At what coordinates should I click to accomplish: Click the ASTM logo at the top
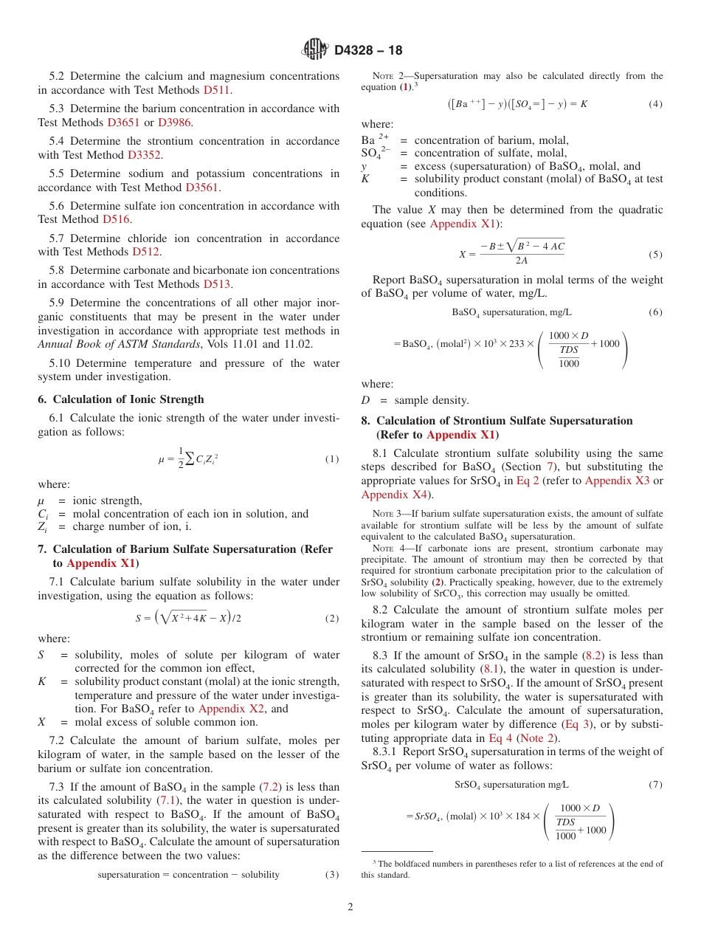point(315,50)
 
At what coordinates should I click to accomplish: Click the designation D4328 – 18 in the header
point(368,51)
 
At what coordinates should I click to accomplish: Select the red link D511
point(217,90)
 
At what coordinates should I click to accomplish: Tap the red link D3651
point(123,123)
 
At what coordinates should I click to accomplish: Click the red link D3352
point(145,155)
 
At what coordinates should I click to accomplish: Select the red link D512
point(146,252)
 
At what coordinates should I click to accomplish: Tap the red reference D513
point(218,284)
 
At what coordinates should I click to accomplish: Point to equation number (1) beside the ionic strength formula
point(332,459)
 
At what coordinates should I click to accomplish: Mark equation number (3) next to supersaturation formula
point(332,875)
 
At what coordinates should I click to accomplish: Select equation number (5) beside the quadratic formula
point(655,255)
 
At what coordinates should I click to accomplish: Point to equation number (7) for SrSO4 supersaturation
point(655,785)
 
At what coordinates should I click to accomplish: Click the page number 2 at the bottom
point(350,907)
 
